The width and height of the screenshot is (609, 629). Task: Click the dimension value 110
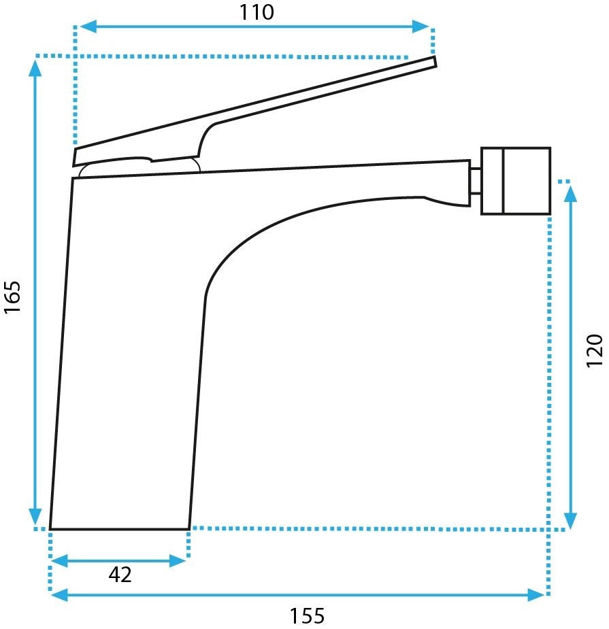255,12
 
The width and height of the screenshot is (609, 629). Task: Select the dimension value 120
594,350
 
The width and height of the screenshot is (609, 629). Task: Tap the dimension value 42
120,575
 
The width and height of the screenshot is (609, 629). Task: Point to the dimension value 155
308,616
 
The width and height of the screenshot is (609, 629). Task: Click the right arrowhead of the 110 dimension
423,27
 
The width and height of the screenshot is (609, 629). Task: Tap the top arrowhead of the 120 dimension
571,192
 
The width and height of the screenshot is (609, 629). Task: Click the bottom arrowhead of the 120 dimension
571,520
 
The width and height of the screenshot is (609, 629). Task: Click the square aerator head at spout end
515,181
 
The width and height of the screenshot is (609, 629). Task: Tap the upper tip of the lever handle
433,62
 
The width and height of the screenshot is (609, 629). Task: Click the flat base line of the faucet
119,528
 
